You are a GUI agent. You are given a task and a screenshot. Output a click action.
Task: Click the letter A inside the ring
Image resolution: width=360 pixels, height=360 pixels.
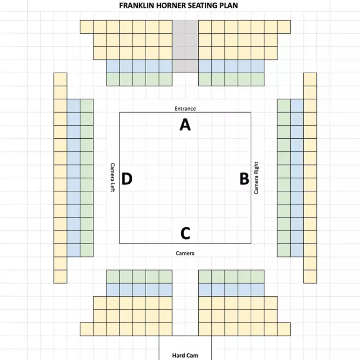point(185,124)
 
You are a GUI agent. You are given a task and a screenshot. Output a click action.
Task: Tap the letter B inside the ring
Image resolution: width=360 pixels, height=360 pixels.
point(244,179)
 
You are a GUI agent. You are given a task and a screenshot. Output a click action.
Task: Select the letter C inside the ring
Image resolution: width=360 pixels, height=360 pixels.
point(185,233)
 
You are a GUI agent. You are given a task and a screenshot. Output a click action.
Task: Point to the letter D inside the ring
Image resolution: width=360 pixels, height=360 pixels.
point(127,179)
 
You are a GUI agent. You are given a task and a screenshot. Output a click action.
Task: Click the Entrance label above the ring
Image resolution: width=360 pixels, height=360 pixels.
point(185,109)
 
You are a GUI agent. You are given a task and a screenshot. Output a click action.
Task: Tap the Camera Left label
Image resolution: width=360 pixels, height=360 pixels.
point(112,178)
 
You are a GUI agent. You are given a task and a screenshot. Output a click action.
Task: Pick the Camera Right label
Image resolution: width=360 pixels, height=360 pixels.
point(256,178)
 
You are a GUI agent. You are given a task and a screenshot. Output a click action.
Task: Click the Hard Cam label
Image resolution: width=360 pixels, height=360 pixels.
point(185,355)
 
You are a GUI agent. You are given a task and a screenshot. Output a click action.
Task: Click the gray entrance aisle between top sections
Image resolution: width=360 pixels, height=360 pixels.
point(185,46)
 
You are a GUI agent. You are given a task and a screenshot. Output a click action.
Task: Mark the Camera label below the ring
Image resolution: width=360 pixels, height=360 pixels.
point(185,253)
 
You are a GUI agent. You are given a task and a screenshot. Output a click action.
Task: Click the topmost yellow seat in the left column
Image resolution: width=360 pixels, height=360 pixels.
point(60,79)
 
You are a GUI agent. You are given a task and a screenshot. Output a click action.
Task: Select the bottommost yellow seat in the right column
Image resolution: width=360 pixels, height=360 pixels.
point(310,277)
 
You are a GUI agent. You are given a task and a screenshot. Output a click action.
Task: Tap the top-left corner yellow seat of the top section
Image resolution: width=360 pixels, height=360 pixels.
point(87,27)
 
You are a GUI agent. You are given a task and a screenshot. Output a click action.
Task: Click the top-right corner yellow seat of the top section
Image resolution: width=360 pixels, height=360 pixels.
point(284,27)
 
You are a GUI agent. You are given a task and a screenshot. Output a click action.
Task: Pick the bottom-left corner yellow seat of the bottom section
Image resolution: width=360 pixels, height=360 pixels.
point(87,329)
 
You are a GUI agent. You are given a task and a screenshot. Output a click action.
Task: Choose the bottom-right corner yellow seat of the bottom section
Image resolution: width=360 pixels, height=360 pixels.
point(284,329)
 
